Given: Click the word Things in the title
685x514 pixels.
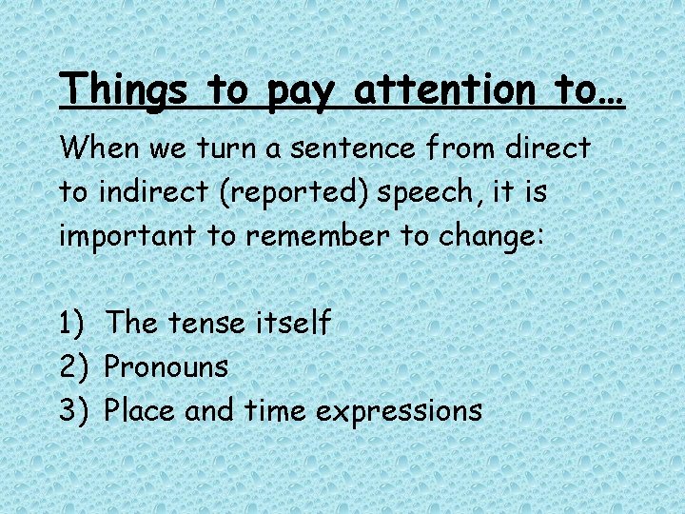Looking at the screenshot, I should (127, 89).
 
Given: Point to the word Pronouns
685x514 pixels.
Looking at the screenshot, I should (166, 366).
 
